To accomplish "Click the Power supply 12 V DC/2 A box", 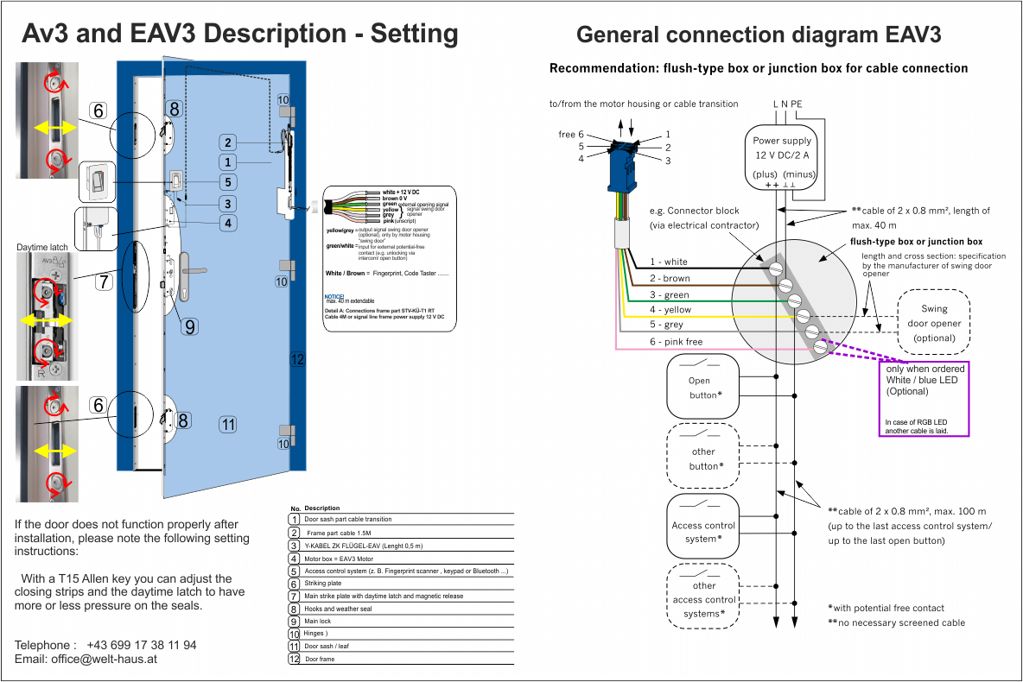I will click(782, 157).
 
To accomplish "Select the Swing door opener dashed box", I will click(934, 323).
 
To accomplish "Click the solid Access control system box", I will click(703, 531).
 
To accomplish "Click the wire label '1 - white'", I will click(669, 262).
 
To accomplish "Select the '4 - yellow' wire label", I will click(670, 310).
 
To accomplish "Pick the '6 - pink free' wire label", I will click(677, 342).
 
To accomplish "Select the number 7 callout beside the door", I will click(103, 282).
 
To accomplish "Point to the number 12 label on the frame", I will click(297, 359).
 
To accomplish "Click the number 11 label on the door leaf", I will click(227, 424).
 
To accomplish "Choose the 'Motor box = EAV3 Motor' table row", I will click(339, 559).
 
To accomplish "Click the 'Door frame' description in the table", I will click(320, 660).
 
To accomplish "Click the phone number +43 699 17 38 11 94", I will click(142, 645).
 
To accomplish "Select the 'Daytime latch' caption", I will click(42, 248).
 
